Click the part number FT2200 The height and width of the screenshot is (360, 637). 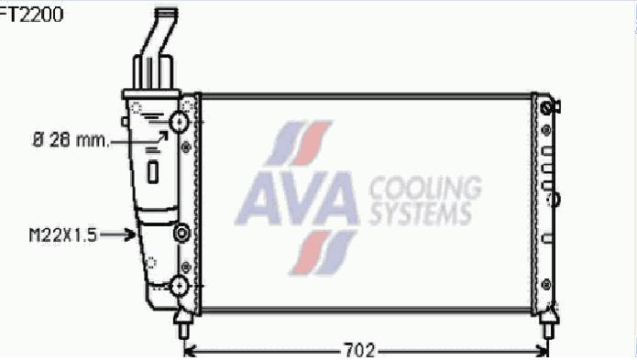click(31, 15)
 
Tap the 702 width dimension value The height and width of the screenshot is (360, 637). click(359, 351)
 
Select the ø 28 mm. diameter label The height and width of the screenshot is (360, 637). click(71, 140)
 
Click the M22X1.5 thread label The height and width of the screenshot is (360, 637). click(63, 235)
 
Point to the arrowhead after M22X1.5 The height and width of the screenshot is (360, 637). click(131, 235)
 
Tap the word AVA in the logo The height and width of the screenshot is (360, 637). click(297, 198)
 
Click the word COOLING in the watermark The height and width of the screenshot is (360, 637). click(425, 189)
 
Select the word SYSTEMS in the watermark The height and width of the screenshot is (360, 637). click(421, 213)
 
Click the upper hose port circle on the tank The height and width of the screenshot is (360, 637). click(179, 121)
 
